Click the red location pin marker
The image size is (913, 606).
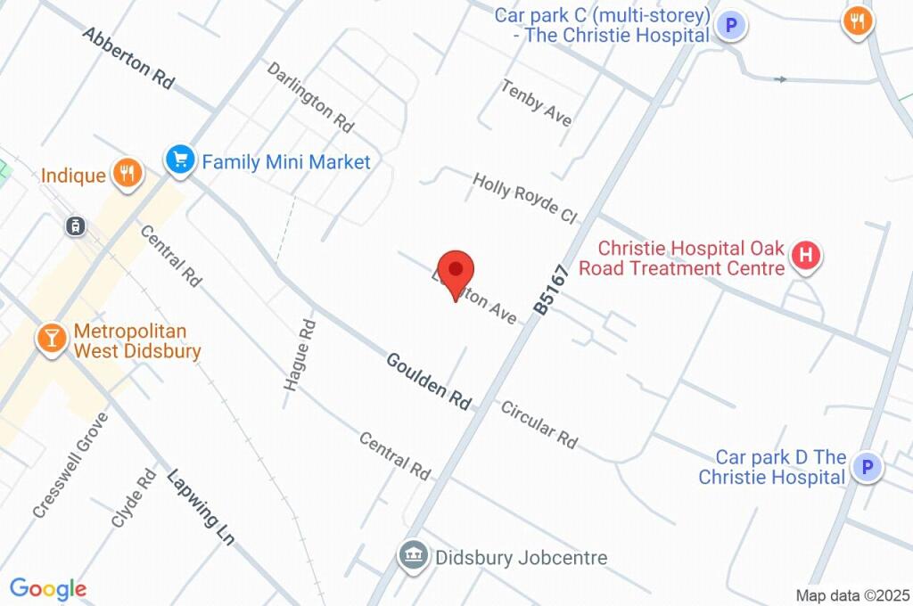click(x=456, y=271)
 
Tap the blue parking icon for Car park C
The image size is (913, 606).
click(x=731, y=26)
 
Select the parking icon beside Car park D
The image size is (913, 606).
click(x=866, y=466)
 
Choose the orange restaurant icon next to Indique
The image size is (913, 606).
click(x=127, y=173)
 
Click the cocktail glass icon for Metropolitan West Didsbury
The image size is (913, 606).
click(x=51, y=338)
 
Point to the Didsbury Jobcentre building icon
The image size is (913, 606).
click(x=413, y=556)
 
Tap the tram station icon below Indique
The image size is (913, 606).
click(x=77, y=225)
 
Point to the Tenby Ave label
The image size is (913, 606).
click(x=536, y=102)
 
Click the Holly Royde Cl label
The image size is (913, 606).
click(x=525, y=198)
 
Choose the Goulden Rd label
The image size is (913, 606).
click(x=428, y=381)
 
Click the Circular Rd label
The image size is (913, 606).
click(x=539, y=424)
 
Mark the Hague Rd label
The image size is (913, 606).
click(x=300, y=355)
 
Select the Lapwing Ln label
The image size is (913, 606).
click(x=201, y=506)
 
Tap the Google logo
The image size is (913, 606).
click(x=48, y=588)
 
